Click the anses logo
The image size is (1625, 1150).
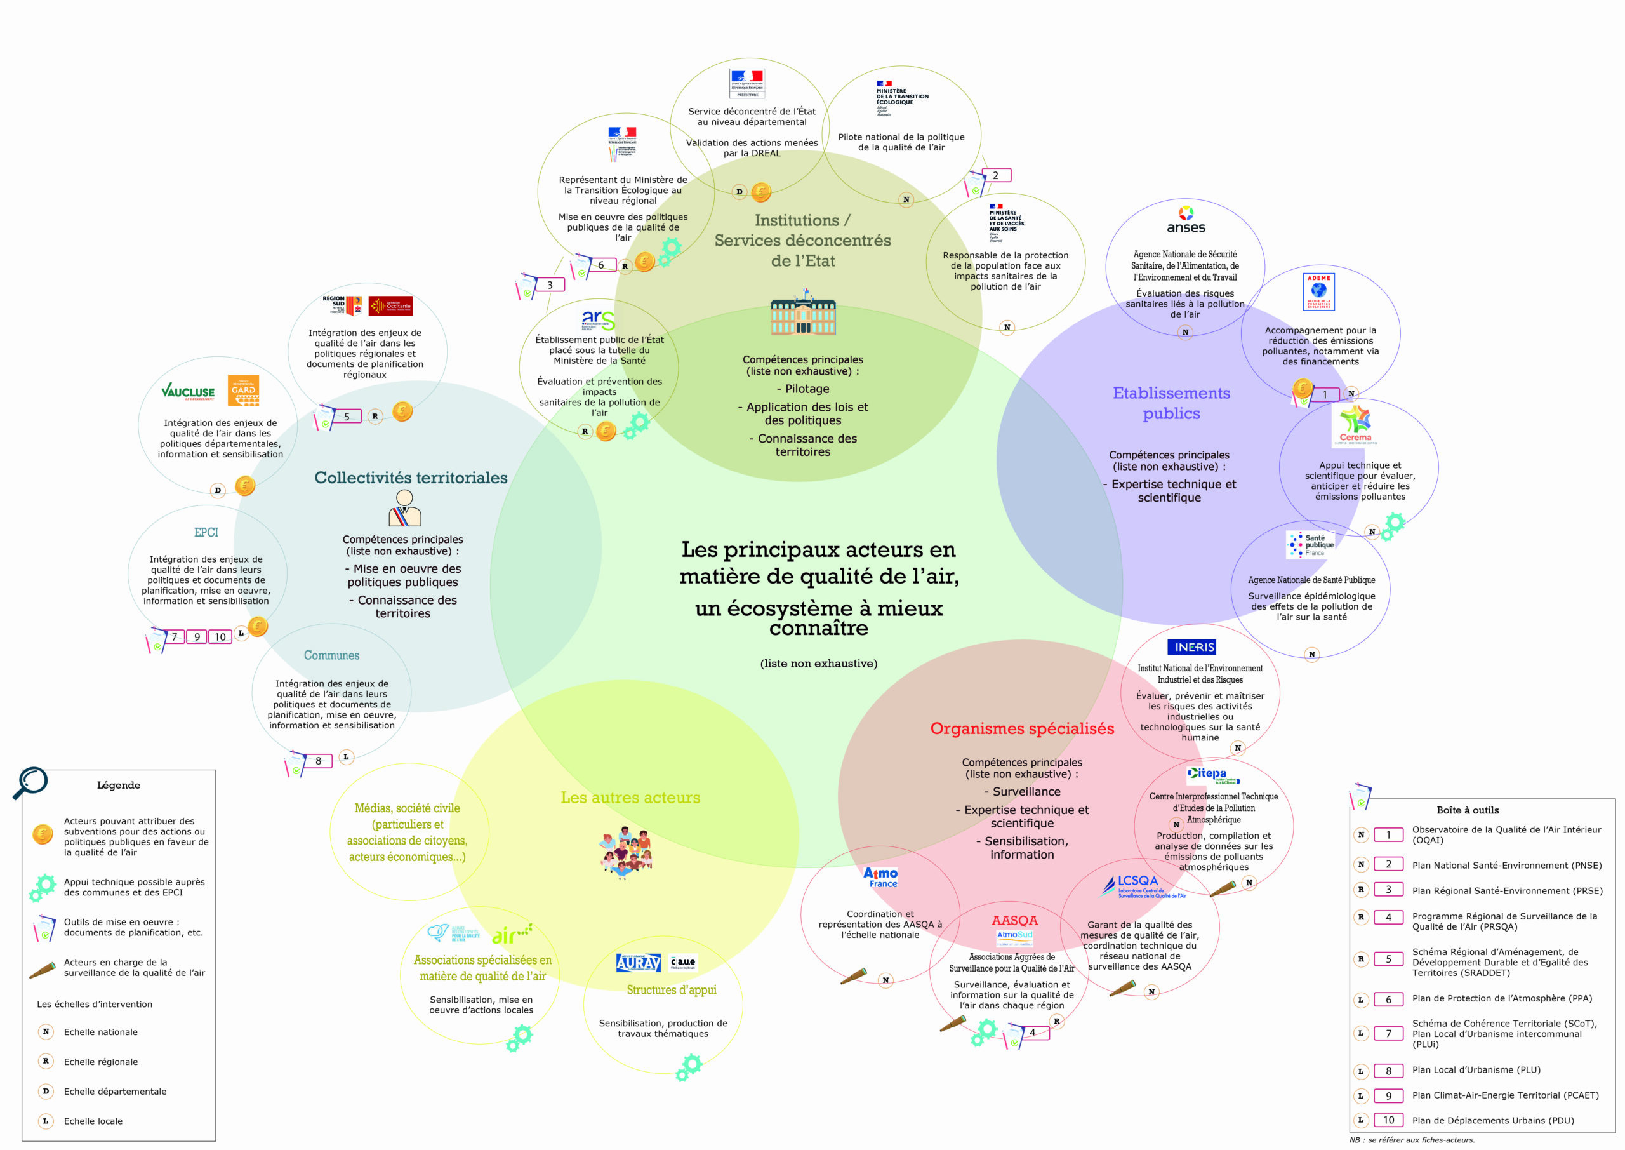[1186, 220]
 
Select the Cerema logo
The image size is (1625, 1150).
[1355, 424]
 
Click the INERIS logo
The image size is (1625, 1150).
[1194, 646]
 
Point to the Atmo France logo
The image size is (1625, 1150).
[881, 878]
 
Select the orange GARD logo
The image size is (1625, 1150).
[244, 390]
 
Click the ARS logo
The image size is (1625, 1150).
[597, 320]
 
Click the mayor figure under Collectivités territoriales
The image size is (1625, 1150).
[405, 508]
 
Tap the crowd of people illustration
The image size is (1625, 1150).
[626, 852]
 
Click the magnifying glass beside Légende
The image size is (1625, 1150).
[30, 783]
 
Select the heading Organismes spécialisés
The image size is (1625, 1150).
[1021, 728]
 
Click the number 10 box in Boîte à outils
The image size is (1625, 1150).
[1388, 1120]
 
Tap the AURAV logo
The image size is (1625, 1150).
[638, 962]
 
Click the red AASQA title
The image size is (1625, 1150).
[1014, 920]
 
